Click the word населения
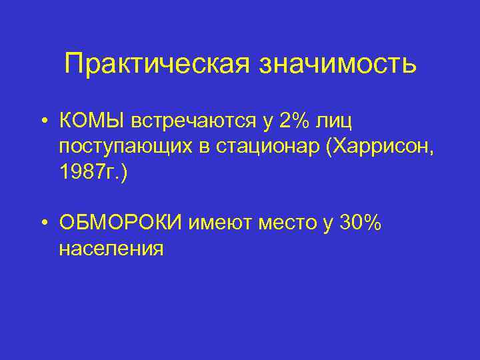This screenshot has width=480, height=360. pos(110,249)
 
